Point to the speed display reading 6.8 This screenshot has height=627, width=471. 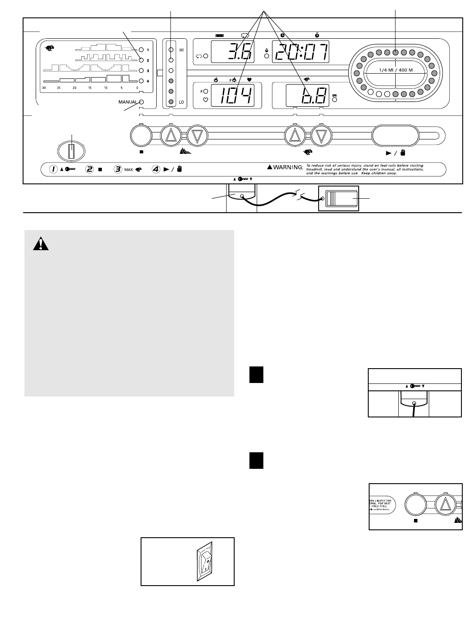coord(300,95)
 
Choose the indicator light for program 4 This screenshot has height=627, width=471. coord(141,81)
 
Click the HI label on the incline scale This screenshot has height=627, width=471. coord(181,50)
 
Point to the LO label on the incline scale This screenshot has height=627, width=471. coord(181,102)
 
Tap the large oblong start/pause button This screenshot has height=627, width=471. coord(395,136)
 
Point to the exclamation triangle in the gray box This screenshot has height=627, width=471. coord(40,244)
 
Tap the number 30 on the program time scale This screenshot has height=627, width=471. coord(44,88)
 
